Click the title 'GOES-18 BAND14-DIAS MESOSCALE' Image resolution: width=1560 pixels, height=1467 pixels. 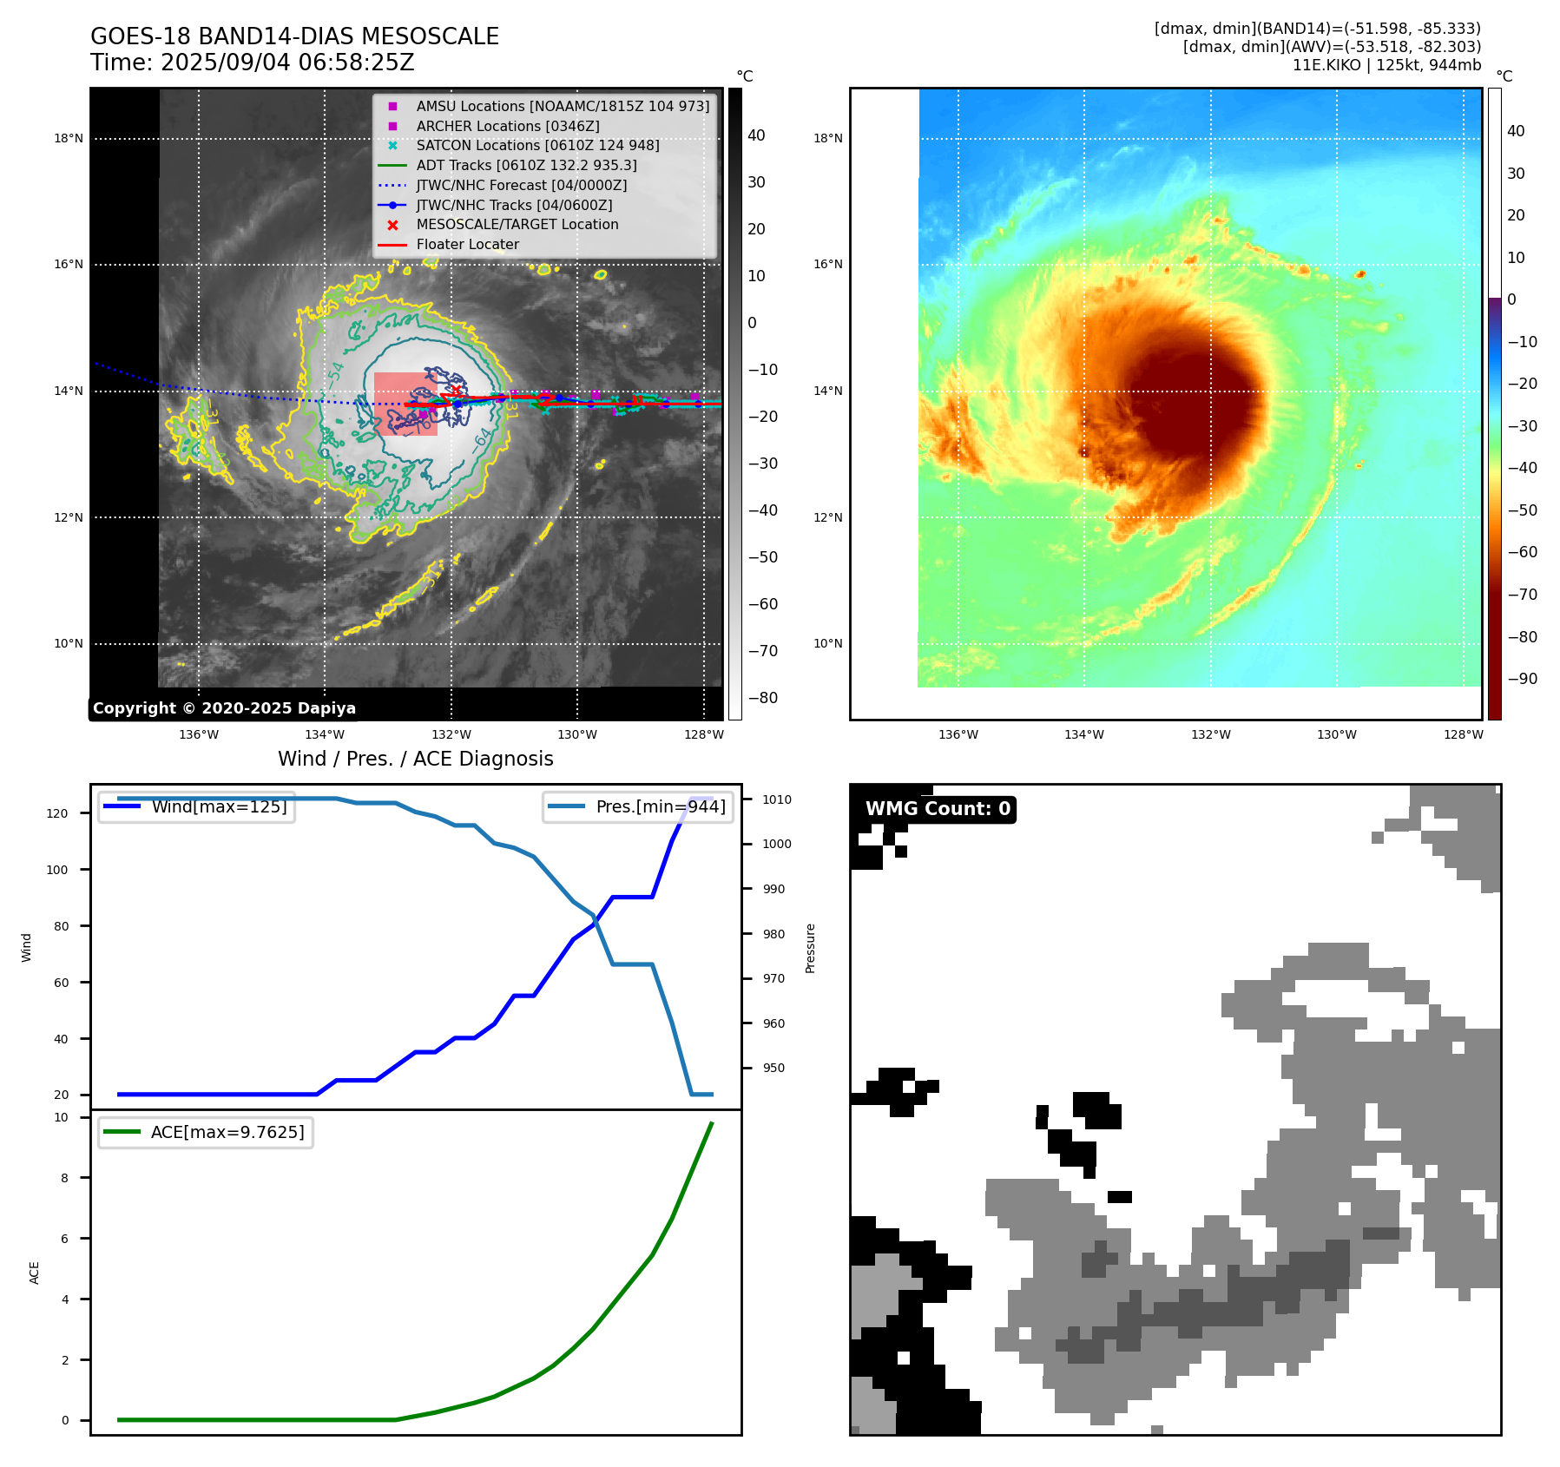point(294,36)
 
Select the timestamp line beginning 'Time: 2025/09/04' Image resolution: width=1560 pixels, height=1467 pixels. point(252,62)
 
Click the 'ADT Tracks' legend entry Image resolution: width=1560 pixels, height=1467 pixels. point(526,165)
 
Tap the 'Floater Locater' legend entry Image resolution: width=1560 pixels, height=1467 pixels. point(467,244)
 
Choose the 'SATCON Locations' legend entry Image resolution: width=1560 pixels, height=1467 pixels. point(537,145)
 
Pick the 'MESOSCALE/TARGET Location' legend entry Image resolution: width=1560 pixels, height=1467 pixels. point(517,224)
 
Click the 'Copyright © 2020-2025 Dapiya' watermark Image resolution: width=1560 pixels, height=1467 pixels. point(224,708)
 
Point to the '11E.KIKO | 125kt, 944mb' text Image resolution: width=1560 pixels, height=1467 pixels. point(1386,65)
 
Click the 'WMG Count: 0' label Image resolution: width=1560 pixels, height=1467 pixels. point(938,809)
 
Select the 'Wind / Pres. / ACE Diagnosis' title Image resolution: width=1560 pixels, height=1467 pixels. point(415,759)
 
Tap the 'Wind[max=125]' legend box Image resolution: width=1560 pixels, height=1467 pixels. point(196,806)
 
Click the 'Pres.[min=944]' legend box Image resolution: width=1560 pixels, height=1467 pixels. point(638,806)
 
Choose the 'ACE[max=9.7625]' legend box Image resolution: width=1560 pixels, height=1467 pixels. point(206,1132)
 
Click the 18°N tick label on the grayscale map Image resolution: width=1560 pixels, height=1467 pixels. point(69,138)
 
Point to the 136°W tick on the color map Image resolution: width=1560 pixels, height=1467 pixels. point(958,734)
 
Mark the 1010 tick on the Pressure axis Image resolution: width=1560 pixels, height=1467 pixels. point(777,799)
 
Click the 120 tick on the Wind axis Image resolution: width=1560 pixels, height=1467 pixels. point(57,813)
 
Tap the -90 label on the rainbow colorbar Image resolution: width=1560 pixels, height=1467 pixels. point(1522,679)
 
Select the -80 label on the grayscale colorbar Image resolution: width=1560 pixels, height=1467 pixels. point(763,698)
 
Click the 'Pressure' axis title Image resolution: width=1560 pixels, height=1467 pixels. point(810,948)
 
